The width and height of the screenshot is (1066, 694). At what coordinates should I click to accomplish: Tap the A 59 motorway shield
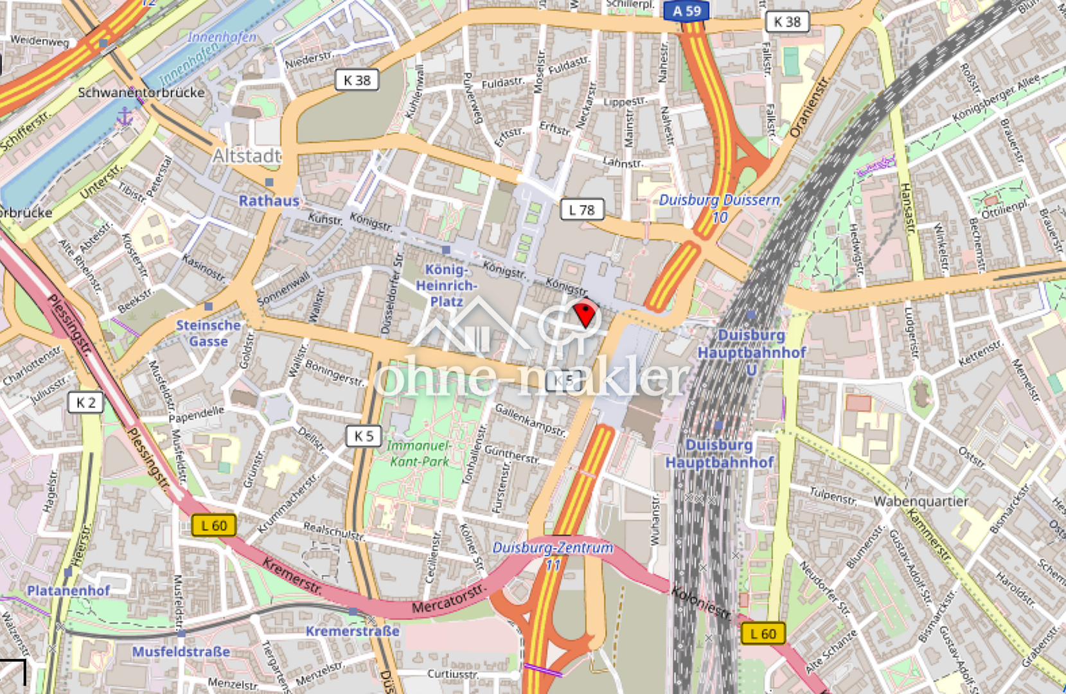pyautogui.click(x=686, y=11)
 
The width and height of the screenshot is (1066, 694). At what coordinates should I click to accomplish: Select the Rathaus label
pyautogui.click(x=269, y=200)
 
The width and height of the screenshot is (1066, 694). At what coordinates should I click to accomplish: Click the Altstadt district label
pyautogui.click(x=247, y=156)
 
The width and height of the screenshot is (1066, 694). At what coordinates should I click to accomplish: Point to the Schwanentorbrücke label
pyautogui.click(x=141, y=93)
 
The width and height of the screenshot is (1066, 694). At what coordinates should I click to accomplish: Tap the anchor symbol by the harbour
pyautogui.click(x=124, y=116)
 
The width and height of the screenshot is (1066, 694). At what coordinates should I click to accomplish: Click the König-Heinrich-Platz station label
pyautogui.click(x=446, y=285)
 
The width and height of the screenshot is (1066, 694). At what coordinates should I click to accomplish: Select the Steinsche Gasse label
pyautogui.click(x=208, y=333)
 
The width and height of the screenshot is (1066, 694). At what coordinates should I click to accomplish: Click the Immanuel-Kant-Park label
pyautogui.click(x=418, y=453)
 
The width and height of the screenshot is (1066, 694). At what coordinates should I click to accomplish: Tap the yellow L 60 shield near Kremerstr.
pyautogui.click(x=214, y=526)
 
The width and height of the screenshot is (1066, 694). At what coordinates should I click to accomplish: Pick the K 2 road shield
pyautogui.click(x=85, y=403)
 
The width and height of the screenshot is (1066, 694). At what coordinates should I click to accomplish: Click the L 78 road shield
pyautogui.click(x=582, y=209)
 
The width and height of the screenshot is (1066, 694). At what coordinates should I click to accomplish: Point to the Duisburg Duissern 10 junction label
pyautogui.click(x=720, y=208)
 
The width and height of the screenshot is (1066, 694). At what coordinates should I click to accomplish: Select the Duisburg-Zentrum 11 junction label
pyautogui.click(x=553, y=556)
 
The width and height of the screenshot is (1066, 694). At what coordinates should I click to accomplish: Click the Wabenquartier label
pyautogui.click(x=920, y=501)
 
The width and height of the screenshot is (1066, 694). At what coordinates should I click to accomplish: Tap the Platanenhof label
pyautogui.click(x=68, y=590)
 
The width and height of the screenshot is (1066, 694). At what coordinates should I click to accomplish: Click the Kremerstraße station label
pyautogui.click(x=352, y=631)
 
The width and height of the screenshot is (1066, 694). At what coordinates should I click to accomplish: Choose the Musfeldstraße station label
pyautogui.click(x=181, y=652)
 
